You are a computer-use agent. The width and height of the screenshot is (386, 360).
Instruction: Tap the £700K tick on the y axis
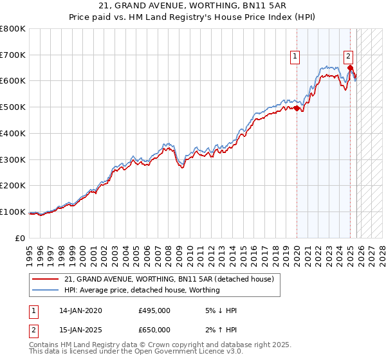[x=13, y=55]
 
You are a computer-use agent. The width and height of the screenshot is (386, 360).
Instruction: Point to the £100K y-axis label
[x=13, y=212]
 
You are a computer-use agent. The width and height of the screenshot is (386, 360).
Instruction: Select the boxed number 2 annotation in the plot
[x=348, y=56]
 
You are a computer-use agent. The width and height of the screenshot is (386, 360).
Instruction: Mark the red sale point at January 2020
[x=297, y=109]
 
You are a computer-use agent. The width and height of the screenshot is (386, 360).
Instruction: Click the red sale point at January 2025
[x=350, y=68]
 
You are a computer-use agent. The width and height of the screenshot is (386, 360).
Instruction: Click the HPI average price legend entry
[x=142, y=290]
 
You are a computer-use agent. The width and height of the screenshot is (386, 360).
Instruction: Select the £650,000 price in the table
[x=154, y=330]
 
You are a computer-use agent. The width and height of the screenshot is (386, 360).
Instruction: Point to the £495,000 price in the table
[x=154, y=310]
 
